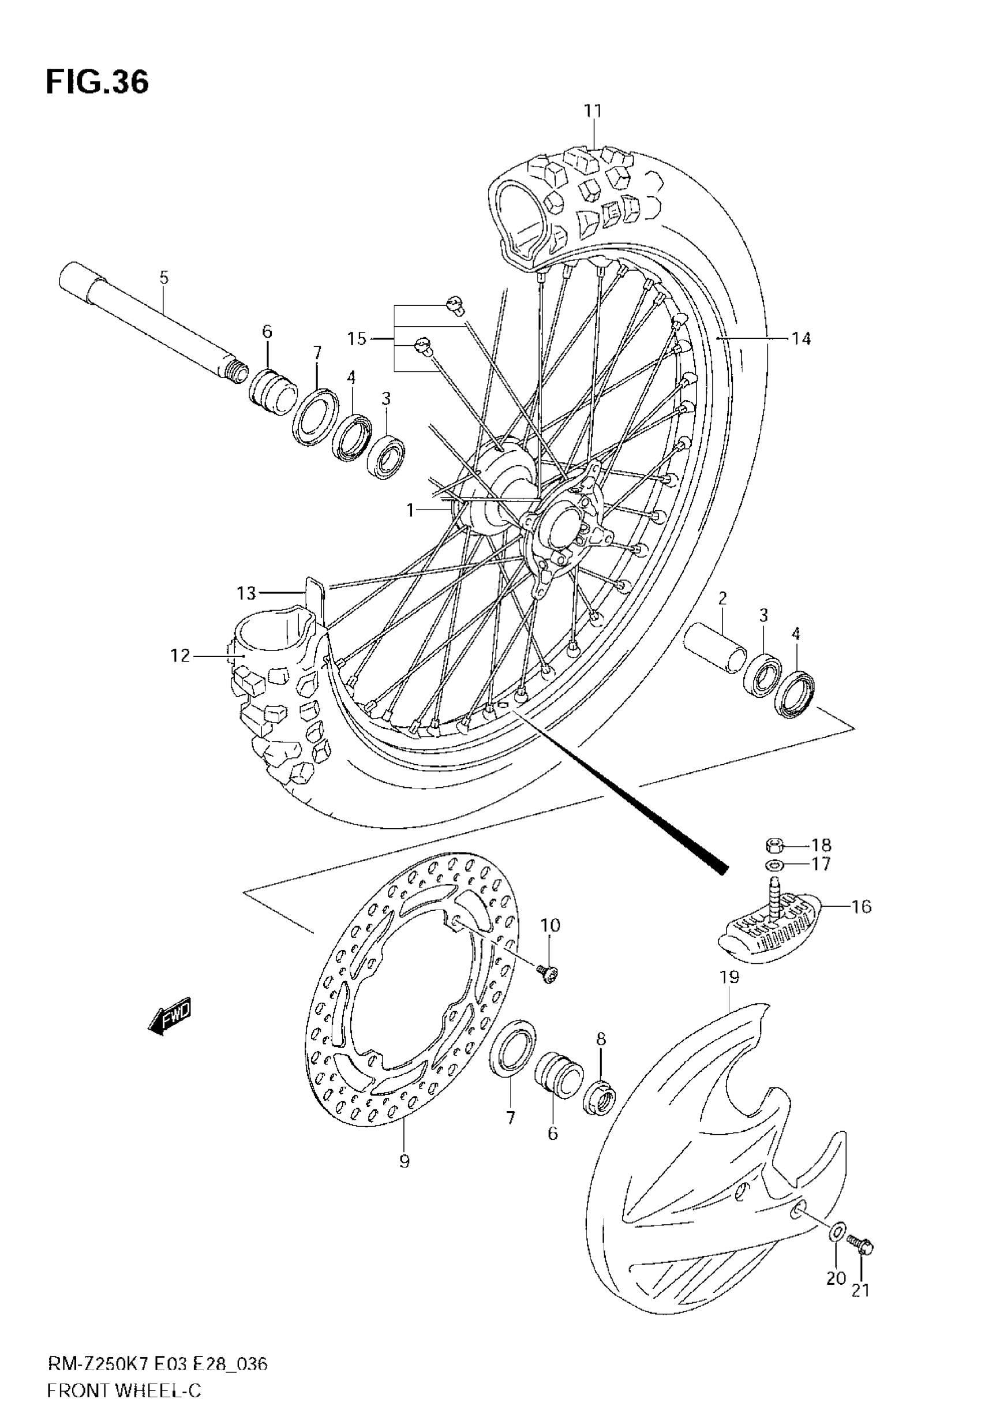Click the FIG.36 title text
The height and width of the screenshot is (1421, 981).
[x=97, y=83]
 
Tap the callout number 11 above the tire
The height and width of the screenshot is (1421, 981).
[x=593, y=111]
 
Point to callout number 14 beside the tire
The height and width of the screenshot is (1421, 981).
[x=801, y=339]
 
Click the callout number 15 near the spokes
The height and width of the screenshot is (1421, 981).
[x=357, y=339]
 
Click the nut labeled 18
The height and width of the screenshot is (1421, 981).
[x=774, y=846]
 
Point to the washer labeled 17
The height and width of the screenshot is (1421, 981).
[x=774, y=866]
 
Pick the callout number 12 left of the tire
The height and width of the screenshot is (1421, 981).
[x=180, y=656]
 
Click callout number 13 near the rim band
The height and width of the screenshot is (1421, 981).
[x=246, y=593]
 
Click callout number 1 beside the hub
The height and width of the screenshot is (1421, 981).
[x=411, y=510]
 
